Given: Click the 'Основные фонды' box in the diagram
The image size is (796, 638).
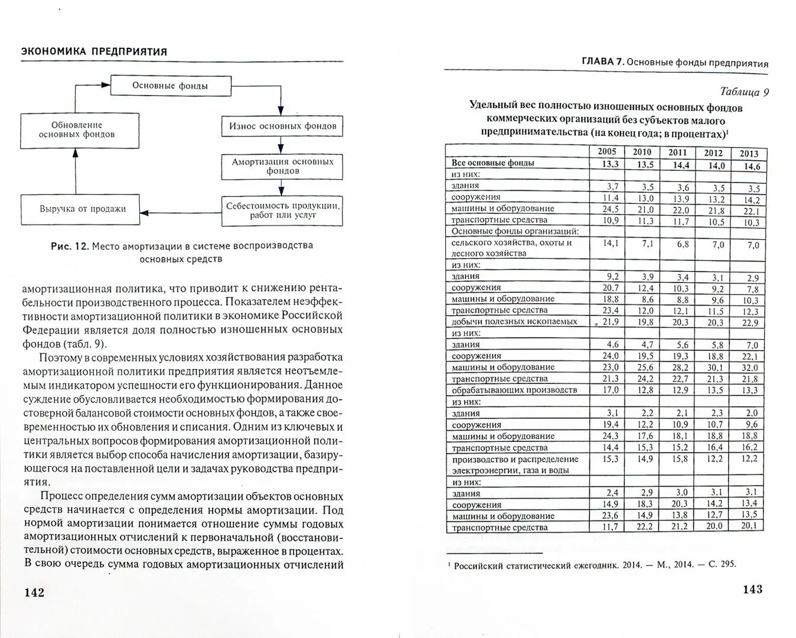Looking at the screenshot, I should [170, 86].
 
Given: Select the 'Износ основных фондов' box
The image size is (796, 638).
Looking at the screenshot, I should [282, 126].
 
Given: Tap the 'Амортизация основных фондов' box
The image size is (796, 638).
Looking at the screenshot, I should [282, 166].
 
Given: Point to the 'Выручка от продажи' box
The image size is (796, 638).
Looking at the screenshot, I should [83, 209].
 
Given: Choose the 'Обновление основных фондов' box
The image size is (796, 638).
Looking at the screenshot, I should [80, 130].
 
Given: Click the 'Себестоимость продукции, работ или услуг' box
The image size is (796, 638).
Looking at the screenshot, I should [282, 210].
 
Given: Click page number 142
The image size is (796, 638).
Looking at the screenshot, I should [34, 592].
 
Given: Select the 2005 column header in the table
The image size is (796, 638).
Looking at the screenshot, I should [606, 151].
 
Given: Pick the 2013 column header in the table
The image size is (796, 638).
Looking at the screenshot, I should [749, 154].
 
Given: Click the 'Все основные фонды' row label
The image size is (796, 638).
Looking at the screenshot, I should [492, 162].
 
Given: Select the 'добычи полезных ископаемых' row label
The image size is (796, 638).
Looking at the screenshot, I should [506, 321].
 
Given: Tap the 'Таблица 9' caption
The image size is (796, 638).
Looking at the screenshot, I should [745, 92].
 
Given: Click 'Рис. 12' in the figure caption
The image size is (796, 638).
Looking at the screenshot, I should [68, 246].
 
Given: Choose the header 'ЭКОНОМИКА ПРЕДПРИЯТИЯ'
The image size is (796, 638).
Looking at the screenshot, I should [94, 51].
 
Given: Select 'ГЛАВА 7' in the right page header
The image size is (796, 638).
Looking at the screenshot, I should [602, 61].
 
